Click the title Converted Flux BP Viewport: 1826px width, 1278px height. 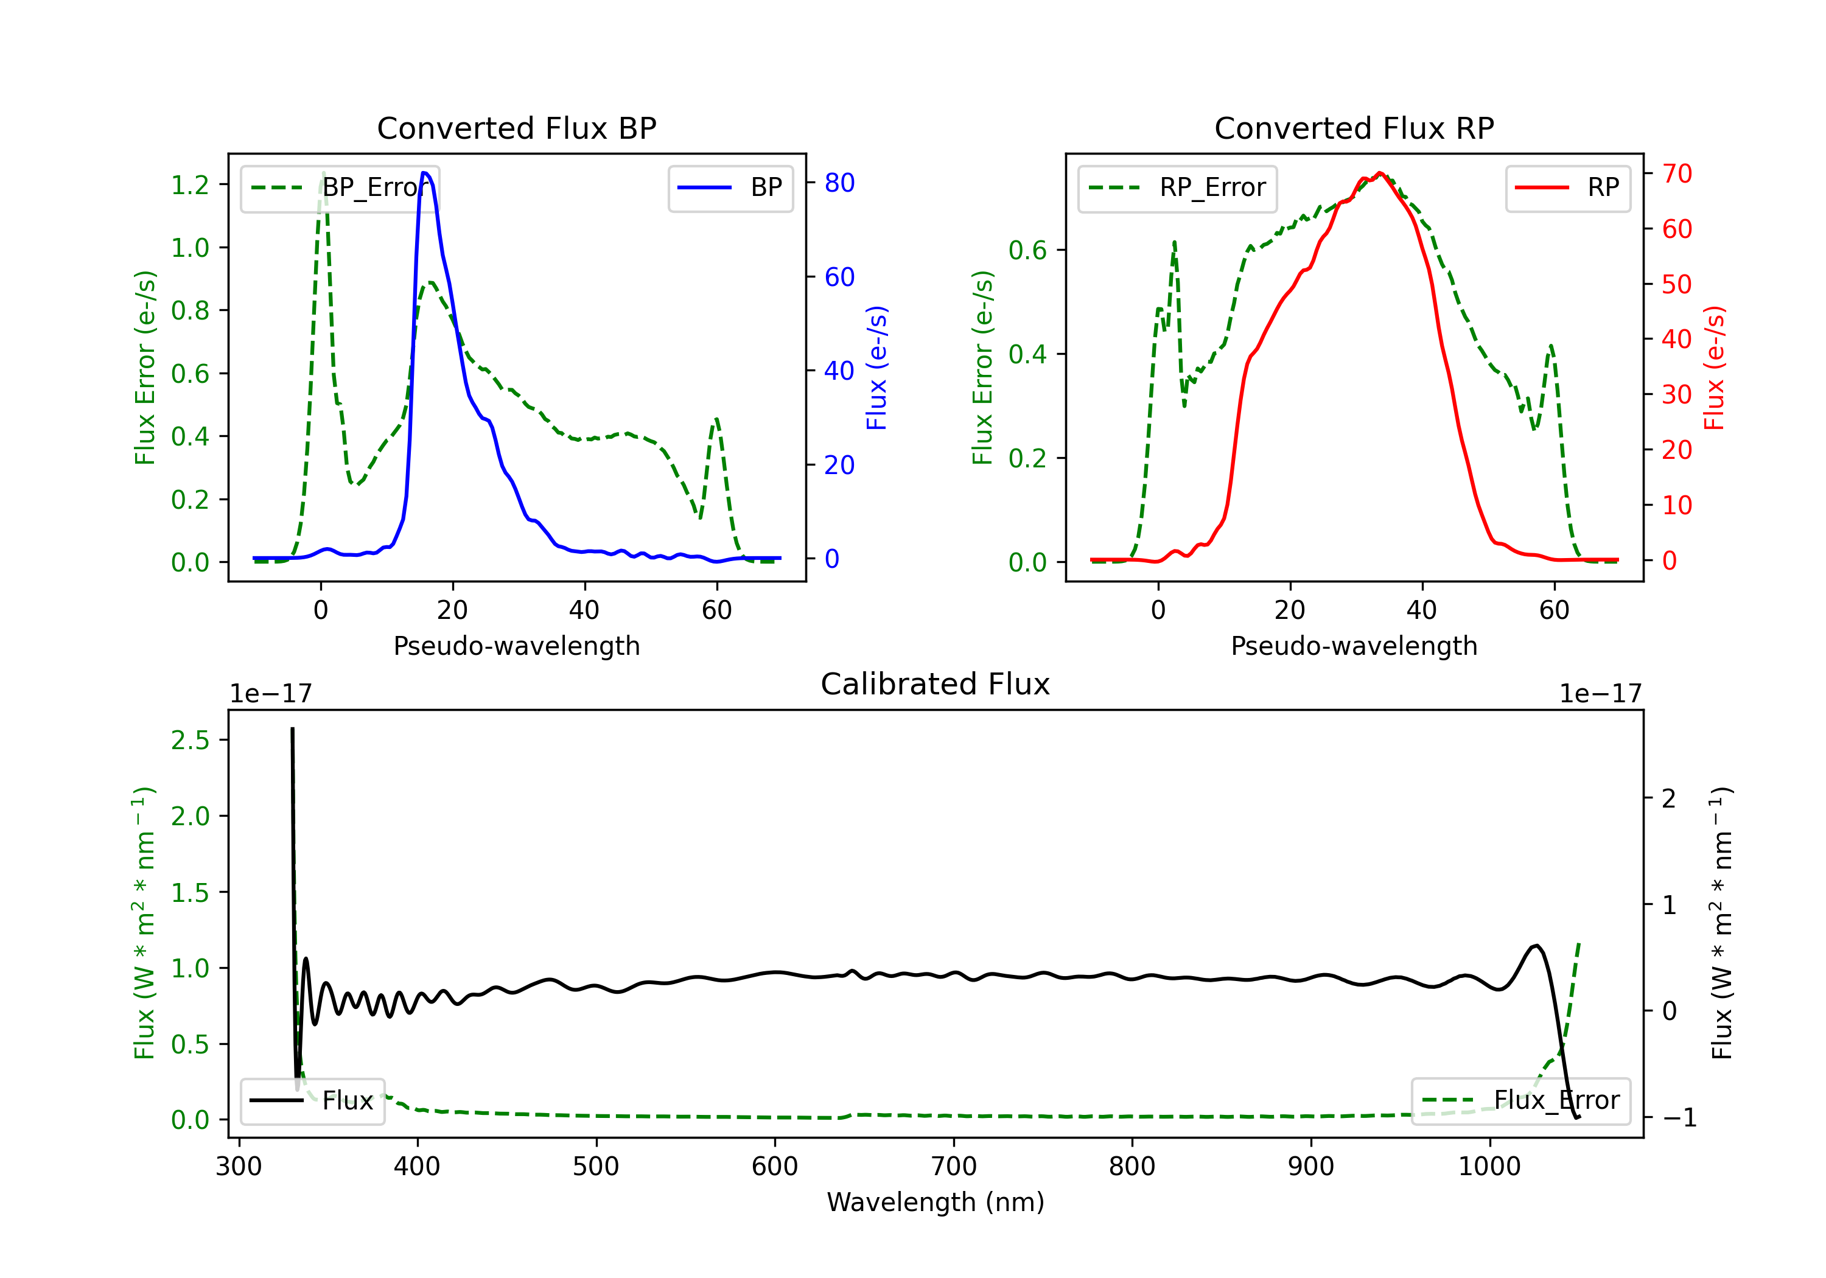tap(516, 128)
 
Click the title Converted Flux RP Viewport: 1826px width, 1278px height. tap(1354, 128)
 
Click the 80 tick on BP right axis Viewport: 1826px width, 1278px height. tap(839, 183)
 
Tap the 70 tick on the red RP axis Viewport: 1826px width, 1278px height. tap(1676, 173)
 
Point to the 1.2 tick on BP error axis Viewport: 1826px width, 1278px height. tap(190, 184)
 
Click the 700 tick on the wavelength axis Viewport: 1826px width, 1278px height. tap(954, 1167)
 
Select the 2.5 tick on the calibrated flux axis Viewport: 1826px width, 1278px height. tap(190, 741)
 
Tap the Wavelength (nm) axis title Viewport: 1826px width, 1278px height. tap(936, 1202)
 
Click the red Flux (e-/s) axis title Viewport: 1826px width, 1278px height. tap(1714, 368)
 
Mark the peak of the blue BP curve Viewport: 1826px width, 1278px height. tap(425, 173)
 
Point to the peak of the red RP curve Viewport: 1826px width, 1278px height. tap(1380, 173)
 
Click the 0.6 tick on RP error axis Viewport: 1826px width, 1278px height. tap(1027, 251)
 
